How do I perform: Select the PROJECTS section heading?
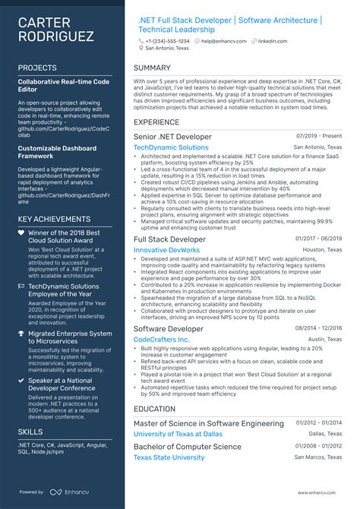[37, 68]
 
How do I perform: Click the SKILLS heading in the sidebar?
[30, 432]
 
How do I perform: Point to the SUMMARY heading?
[152, 68]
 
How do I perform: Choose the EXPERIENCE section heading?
[157, 122]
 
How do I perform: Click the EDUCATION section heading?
[156, 409]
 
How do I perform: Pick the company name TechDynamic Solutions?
[171, 147]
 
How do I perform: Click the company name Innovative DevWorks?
[166, 249]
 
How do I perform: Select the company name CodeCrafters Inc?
[161, 339]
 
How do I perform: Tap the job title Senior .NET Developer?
[172, 137]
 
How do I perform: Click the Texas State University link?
[169, 457]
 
